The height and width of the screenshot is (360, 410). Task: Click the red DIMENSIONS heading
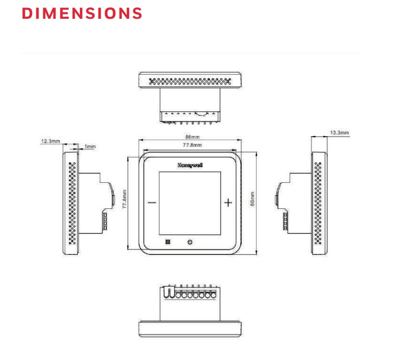pos(82,13)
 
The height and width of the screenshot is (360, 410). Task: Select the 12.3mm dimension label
pos(50,141)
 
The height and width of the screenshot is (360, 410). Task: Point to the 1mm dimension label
pos(90,147)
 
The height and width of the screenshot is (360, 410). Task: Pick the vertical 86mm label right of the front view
pos(252,202)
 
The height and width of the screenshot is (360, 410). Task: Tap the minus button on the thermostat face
pos(151,202)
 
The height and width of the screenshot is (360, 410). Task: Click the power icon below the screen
pos(189,242)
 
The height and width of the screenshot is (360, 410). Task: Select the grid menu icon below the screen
pos(167,242)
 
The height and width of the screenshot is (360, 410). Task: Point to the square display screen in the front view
pos(190,202)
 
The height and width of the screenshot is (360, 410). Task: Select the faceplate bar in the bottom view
pos(190,328)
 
